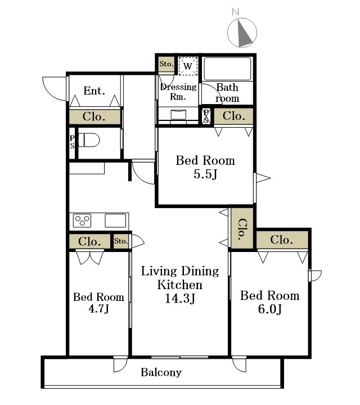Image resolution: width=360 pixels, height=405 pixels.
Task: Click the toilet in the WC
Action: point(88,140)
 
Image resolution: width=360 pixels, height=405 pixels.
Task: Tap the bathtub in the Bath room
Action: point(227,69)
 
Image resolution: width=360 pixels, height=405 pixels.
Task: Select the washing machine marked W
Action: point(188,66)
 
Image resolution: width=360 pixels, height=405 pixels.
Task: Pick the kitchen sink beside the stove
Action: point(115,221)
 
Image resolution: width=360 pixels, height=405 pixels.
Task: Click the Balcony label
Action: point(161,372)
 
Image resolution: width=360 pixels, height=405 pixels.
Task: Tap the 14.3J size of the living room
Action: point(180,298)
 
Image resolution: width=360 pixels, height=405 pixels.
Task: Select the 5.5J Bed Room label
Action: point(205,167)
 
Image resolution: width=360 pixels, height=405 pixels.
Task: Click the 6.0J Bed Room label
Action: point(270,302)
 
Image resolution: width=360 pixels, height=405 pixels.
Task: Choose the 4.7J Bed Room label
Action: point(98,303)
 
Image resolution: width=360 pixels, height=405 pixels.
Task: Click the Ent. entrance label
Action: point(94,91)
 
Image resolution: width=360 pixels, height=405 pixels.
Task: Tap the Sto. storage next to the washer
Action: point(166,64)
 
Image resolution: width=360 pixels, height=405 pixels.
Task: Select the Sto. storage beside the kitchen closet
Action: point(121,241)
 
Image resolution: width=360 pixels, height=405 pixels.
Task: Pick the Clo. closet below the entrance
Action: point(94,117)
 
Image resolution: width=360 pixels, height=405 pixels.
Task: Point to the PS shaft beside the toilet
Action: point(72,142)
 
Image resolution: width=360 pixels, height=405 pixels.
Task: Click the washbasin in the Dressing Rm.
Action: point(178,115)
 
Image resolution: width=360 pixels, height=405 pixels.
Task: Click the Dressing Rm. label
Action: point(178,92)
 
